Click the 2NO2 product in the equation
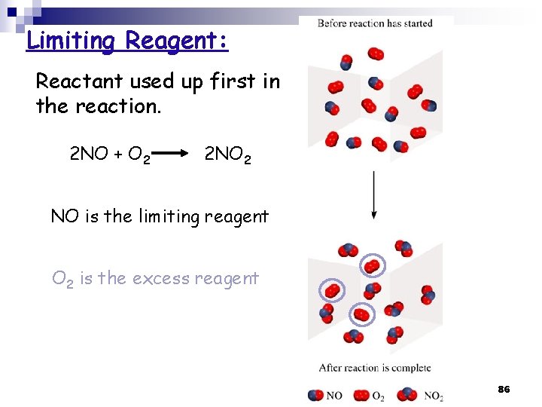tap(228, 155)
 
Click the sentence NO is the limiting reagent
tap(160, 216)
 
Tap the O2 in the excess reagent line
tap(62, 279)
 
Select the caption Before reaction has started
tap(375, 23)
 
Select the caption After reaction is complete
tap(375, 368)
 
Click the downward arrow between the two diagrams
tap(374, 195)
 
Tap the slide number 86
tap(504, 389)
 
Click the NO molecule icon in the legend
tap(316, 395)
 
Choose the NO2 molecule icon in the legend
tap(408, 394)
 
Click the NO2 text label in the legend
tap(434, 396)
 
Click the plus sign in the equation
tap(118, 155)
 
